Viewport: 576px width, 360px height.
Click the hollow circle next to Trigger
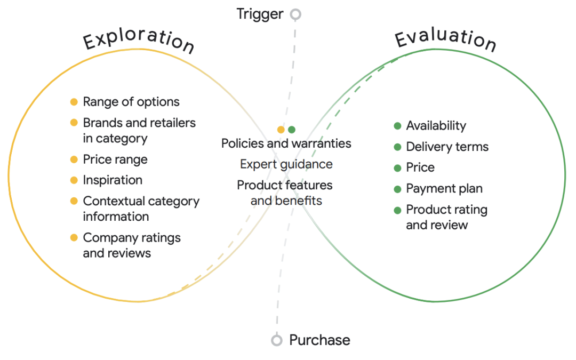(x=295, y=14)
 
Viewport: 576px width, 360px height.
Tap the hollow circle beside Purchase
(x=277, y=340)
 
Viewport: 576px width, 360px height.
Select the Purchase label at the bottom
(x=319, y=340)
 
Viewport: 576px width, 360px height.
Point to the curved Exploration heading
(x=139, y=39)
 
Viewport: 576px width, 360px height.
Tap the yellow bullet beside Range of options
(x=74, y=102)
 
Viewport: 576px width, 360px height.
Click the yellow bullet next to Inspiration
(x=74, y=180)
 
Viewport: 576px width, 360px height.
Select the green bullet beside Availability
(x=397, y=126)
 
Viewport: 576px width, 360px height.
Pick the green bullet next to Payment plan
(x=397, y=189)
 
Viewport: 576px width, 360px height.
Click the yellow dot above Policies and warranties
(x=281, y=130)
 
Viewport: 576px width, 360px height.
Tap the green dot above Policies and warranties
(x=292, y=130)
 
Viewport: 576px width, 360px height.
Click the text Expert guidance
(x=286, y=164)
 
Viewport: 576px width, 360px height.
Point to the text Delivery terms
(x=447, y=147)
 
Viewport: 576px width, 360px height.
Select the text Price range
(x=115, y=159)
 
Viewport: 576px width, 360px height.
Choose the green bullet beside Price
(x=397, y=168)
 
